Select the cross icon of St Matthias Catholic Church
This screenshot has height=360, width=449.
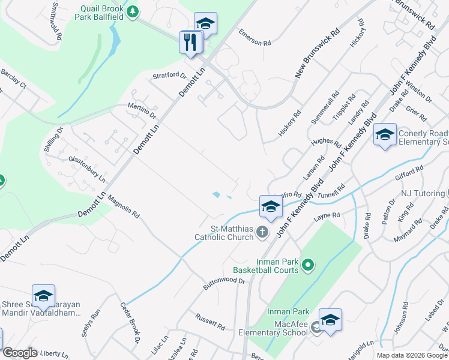point(262,232)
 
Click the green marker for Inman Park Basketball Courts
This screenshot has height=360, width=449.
point(308,264)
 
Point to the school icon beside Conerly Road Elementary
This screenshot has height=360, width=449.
point(385,134)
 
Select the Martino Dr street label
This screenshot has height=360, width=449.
point(142,110)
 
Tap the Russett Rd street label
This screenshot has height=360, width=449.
point(209,322)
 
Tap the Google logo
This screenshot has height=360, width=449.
point(20,353)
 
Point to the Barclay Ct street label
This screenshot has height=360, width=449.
point(14,79)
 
